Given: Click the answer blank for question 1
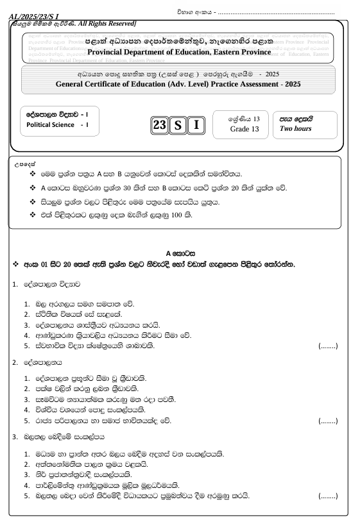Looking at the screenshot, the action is coord(328,346).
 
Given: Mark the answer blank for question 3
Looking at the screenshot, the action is coord(328,496).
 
